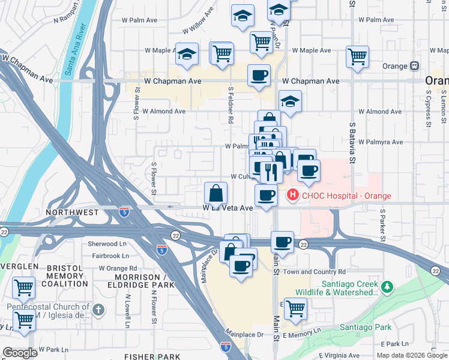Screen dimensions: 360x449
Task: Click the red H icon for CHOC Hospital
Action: pyautogui.click(x=292, y=195)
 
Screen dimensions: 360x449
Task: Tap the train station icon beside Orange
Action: pyautogui.click(x=414, y=65)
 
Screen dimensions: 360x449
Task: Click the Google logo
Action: pyautogui.click(x=20, y=353)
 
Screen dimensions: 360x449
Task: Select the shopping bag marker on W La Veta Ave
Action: pyautogui.click(x=215, y=194)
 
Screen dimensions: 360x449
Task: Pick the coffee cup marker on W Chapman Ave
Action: pyautogui.click(x=259, y=76)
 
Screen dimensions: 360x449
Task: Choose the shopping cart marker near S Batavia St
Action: pyautogui.click(x=357, y=58)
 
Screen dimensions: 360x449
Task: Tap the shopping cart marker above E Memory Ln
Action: pyautogui.click(x=295, y=309)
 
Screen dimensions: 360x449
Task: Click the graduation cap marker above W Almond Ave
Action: pyautogui.click(x=290, y=101)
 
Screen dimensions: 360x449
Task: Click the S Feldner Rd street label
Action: pyautogui.click(x=231, y=104)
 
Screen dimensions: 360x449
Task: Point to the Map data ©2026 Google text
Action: pyautogui.click(x=411, y=355)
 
